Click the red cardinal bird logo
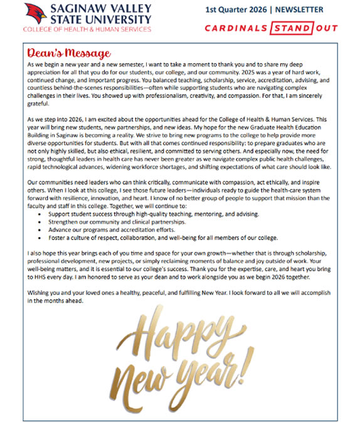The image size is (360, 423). (36, 14)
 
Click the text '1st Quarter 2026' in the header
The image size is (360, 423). (237, 10)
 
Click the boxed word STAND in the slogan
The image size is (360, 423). (292, 28)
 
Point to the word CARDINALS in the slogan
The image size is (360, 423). (237, 28)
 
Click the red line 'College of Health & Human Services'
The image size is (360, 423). (87, 29)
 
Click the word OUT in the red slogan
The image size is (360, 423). (326, 28)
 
